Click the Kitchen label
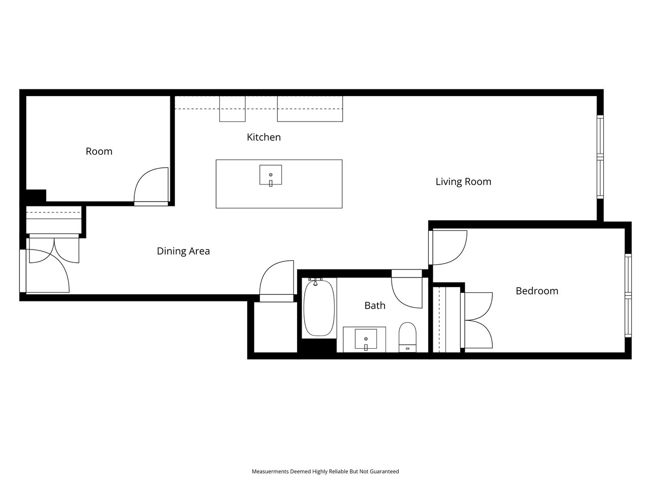coord(263,137)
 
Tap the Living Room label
coord(463,181)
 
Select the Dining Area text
coord(183,251)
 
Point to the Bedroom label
coord(537,291)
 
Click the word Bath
coord(375,306)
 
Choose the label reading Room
coord(99,151)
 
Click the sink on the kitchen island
coord(271,175)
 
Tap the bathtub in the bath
coord(319,308)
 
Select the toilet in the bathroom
coord(407,337)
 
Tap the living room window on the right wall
coord(600,157)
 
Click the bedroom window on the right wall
coord(628,295)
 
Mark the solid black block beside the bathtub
coord(317,346)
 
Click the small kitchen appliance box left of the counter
coord(232,109)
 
